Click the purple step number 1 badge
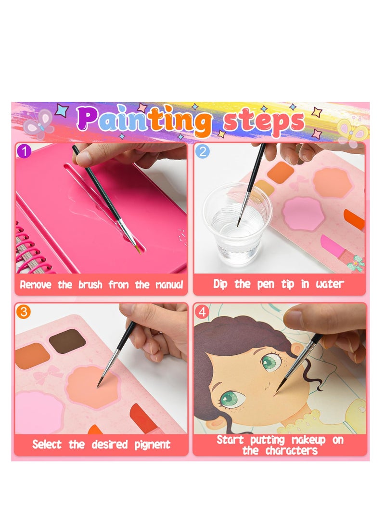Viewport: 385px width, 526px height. point(25,151)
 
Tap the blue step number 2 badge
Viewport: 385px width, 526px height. point(203,151)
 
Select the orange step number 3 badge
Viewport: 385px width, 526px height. point(25,311)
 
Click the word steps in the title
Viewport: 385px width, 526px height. point(264,121)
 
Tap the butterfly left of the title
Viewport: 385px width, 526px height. point(39,124)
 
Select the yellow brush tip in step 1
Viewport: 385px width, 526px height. point(138,248)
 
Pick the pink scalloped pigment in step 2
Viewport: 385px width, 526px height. point(303,214)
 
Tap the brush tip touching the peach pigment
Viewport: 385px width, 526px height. point(100,384)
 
